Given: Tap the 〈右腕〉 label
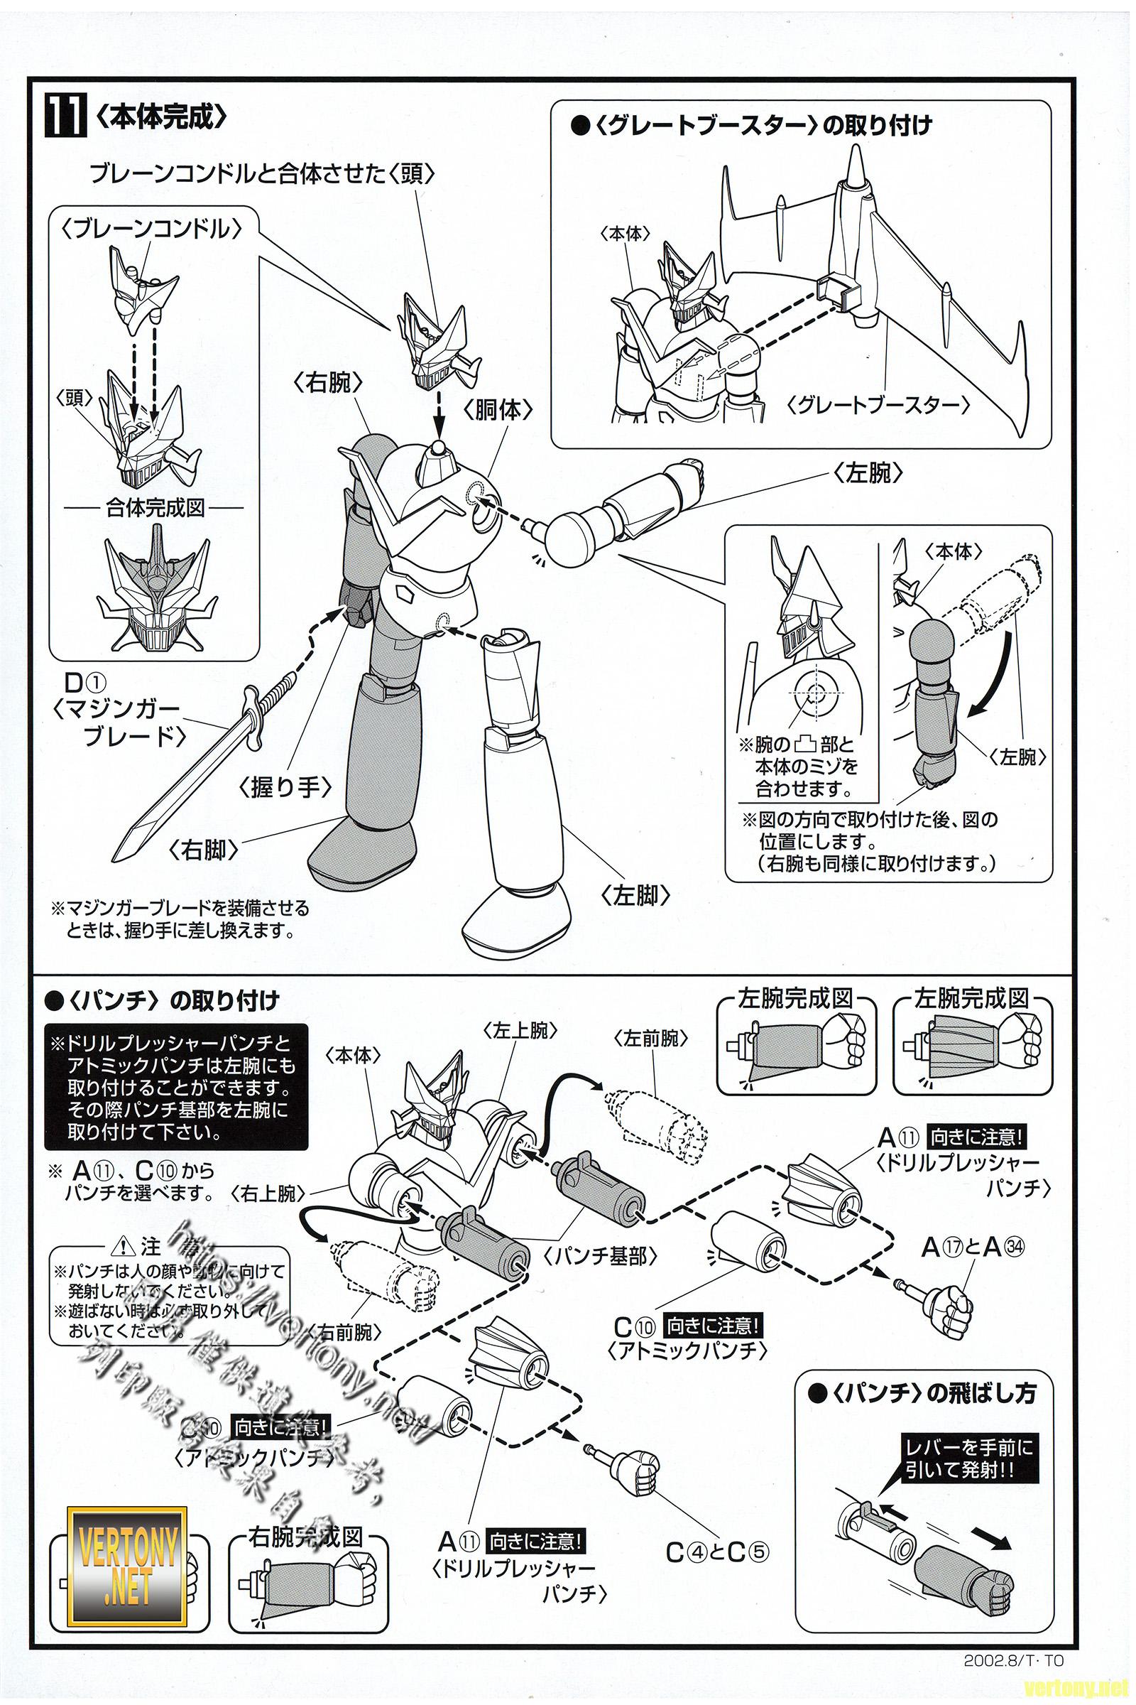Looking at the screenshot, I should [x=327, y=384].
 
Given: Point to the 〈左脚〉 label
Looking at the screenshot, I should [x=635, y=896].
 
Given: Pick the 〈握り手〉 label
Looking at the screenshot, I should [x=286, y=787].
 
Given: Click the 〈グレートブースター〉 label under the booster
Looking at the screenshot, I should [x=878, y=404].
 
